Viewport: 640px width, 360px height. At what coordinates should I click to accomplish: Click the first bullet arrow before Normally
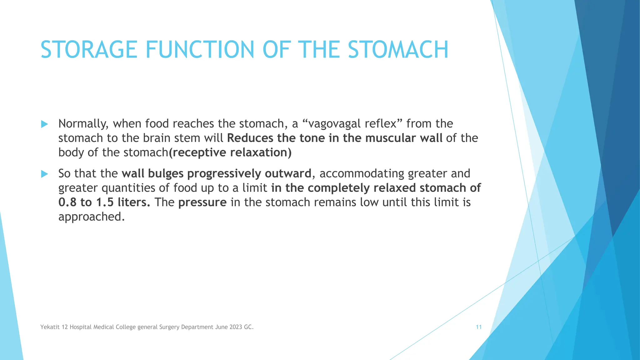point(44,124)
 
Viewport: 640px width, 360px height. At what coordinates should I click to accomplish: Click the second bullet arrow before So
point(44,174)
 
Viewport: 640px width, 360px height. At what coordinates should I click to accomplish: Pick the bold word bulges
point(166,173)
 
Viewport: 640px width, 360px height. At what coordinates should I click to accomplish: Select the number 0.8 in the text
point(67,202)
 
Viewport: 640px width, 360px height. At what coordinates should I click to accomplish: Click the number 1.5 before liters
point(105,202)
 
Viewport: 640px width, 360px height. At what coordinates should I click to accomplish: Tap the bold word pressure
point(202,202)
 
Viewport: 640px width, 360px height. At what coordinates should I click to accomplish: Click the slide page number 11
point(478,327)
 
